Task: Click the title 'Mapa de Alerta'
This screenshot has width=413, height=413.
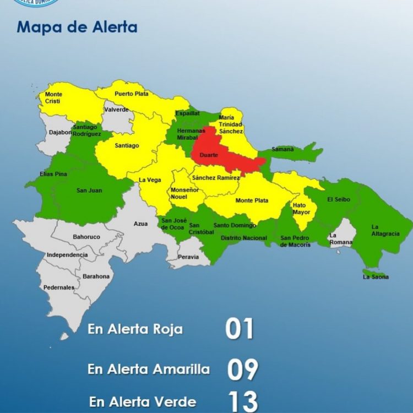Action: click(x=77, y=26)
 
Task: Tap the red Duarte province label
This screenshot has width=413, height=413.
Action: click(x=209, y=156)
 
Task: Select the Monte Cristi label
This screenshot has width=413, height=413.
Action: click(x=54, y=98)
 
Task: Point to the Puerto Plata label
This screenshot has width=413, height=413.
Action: click(x=131, y=94)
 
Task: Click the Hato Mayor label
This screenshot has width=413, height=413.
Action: click(x=301, y=209)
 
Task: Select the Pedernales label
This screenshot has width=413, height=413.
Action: click(x=59, y=287)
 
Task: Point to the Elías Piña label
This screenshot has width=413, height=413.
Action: click(x=53, y=174)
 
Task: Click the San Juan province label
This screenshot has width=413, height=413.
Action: click(x=89, y=191)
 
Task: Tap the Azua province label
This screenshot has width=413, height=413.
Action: click(x=140, y=224)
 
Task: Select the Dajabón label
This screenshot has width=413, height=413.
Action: click(x=60, y=133)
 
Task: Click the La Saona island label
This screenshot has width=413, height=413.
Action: click(x=376, y=277)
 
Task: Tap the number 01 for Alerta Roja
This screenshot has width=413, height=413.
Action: click(x=240, y=329)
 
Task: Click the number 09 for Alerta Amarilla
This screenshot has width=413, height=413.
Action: click(x=242, y=369)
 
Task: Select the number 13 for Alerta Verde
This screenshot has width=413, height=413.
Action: click(x=242, y=402)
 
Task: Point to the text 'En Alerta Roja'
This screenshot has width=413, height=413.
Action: click(x=135, y=330)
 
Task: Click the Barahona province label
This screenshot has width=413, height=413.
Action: click(x=96, y=276)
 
